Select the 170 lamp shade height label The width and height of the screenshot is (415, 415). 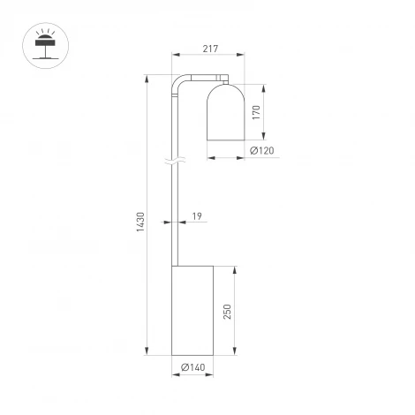point(255,113)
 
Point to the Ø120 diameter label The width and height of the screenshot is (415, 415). point(262,151)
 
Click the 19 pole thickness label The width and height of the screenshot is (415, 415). point(196,215)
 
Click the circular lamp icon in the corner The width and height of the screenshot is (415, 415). point(42,45)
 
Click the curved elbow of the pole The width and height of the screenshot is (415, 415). point(179,82)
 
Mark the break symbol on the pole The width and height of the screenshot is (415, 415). point(177,162)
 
